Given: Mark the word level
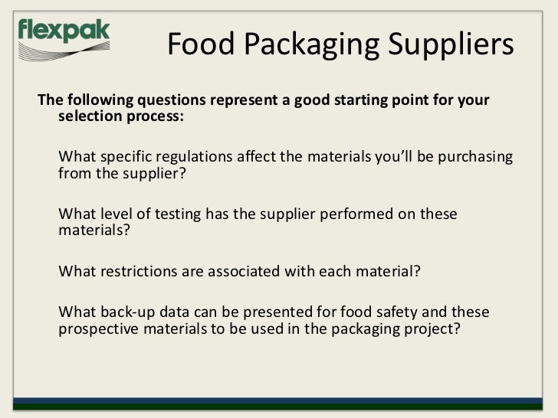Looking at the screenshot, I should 112,215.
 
